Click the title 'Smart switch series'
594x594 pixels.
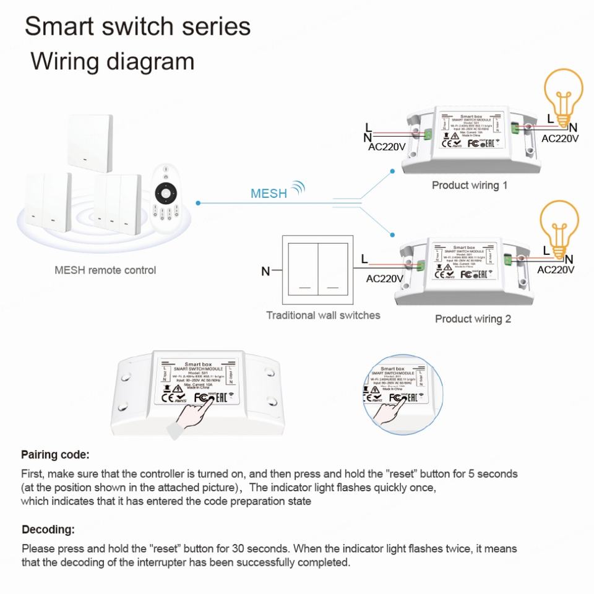click(x=137, y=27)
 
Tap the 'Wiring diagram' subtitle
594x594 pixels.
click(x=113, y=62)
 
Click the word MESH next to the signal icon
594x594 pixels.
click(x=269, y=193)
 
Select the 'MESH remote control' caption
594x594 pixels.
click(x=105, y=270)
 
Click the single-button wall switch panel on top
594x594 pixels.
click(x=91, y=142)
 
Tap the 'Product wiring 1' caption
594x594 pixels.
click(x=469, y=185)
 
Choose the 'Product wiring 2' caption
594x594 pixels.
click(x=473, y=319)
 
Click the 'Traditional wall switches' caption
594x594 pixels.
click(x=323, y=315)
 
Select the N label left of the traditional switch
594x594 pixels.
click(x=265, y=271)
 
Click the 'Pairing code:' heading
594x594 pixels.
click(x=56, y=455)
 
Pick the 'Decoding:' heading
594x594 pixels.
click(x=48, y=530)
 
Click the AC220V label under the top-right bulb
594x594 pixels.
click(x=560, y=139)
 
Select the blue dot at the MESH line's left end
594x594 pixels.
click(x=197, y=202)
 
